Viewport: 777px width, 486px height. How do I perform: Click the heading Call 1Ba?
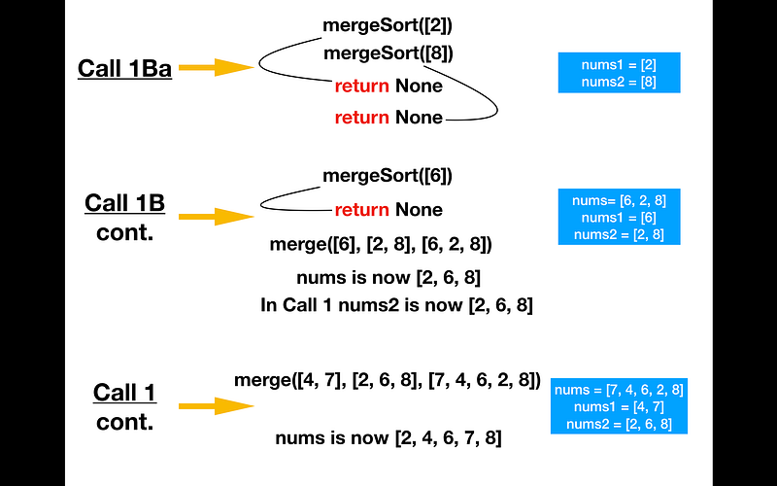click(x=125, y=68)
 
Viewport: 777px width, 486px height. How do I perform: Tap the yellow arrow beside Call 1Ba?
click(x=216, y=67)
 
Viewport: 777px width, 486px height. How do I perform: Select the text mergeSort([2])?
click(x=388, y=25)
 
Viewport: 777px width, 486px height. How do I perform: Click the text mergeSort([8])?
click(x=388, y=53)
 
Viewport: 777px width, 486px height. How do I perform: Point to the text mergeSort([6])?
click(x=388, y=176)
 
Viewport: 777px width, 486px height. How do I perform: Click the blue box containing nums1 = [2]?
click(x=619, y=72)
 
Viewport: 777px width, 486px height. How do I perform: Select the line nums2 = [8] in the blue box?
click(x=619, y=82)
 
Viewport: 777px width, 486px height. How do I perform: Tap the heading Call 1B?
click(x=125, y=203)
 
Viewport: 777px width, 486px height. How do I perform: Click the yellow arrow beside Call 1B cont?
click(x=216, y=216)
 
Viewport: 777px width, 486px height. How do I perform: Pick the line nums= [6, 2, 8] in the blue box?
click(x=619, y=200)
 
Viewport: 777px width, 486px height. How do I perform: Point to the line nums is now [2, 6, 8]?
click(x=388, y=277)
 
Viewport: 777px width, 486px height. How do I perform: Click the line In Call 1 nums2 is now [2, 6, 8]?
click(x=396, y=305)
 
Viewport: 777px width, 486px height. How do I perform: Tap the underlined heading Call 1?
click(x=125, y=393)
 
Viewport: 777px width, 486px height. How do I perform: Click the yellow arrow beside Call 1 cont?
click(x=216, y=406)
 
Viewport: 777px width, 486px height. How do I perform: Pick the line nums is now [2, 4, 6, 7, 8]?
click(x=388, y=438)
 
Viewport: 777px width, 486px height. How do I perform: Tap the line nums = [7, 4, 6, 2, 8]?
click(x=619, y=390)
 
